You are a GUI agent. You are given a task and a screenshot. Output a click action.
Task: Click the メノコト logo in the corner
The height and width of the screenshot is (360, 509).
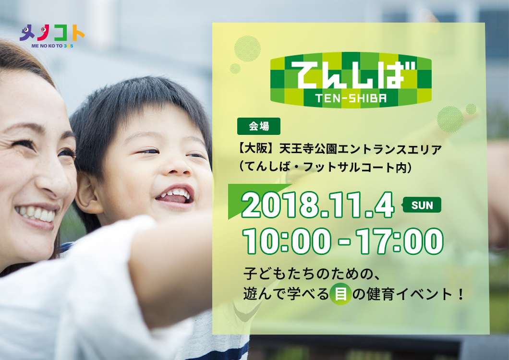pyautogui.click(x=52, y=36)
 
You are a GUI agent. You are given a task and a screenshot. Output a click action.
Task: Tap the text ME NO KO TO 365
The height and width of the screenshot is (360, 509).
pyautogui.click(x=52, y=46)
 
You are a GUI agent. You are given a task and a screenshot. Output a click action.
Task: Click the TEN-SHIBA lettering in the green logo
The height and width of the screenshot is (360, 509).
pyautogui.click(x=351, y=98)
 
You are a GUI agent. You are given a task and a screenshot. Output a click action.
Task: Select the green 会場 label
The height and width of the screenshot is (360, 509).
pyautogui.click(x=259, y=126)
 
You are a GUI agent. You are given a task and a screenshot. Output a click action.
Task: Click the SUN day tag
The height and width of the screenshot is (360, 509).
pyautogui.click(x=422, y=205)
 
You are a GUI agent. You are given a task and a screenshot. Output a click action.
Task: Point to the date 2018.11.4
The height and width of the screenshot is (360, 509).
pyautogui.click(x=317, y=205)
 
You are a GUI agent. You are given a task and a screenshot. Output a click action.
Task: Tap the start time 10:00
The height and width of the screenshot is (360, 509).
pyautogui.click(x=287, y=241)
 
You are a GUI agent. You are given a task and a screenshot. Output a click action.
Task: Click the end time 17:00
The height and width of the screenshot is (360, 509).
pyautogui.click(x=400, y=241)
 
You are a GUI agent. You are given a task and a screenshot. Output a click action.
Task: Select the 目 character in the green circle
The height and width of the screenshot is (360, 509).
pyautogui.click(x=340, y=294)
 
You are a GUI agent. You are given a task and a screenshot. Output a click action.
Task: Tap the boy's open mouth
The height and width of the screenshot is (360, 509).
pyautogui.click(x=175, y=195)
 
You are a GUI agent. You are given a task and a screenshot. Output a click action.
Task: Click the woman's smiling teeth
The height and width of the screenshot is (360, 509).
pyautogui.click(x=36, y=213)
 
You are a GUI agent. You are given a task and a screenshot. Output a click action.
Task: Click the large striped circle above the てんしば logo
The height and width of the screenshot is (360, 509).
pyautogui.click(x=247, y=48)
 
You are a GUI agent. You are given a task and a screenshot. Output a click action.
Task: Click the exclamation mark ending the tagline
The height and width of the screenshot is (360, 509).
pyautogui.click(x=461, y=294)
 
